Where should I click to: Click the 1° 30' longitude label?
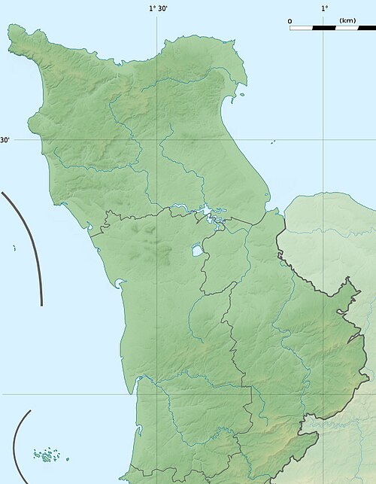pos(157,9)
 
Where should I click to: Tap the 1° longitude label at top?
pos(324,9)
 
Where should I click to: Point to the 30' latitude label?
pos(5,140)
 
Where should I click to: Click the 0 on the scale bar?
pos(290,20)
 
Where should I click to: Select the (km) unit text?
pos(347,20)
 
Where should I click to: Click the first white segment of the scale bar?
pos(302,28)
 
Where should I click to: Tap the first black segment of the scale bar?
pos(324,28)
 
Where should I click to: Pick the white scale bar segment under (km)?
pos(347,28)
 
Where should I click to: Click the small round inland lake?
pos(196,251)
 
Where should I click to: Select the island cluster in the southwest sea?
pos(47,455)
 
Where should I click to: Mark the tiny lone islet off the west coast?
pos(14,248)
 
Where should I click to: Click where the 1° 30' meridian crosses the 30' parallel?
pos(156,140)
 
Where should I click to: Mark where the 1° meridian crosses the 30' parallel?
pos(323,140)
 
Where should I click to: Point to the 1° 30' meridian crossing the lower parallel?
pos(156,394)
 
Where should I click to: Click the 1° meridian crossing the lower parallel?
pos(323,394)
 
